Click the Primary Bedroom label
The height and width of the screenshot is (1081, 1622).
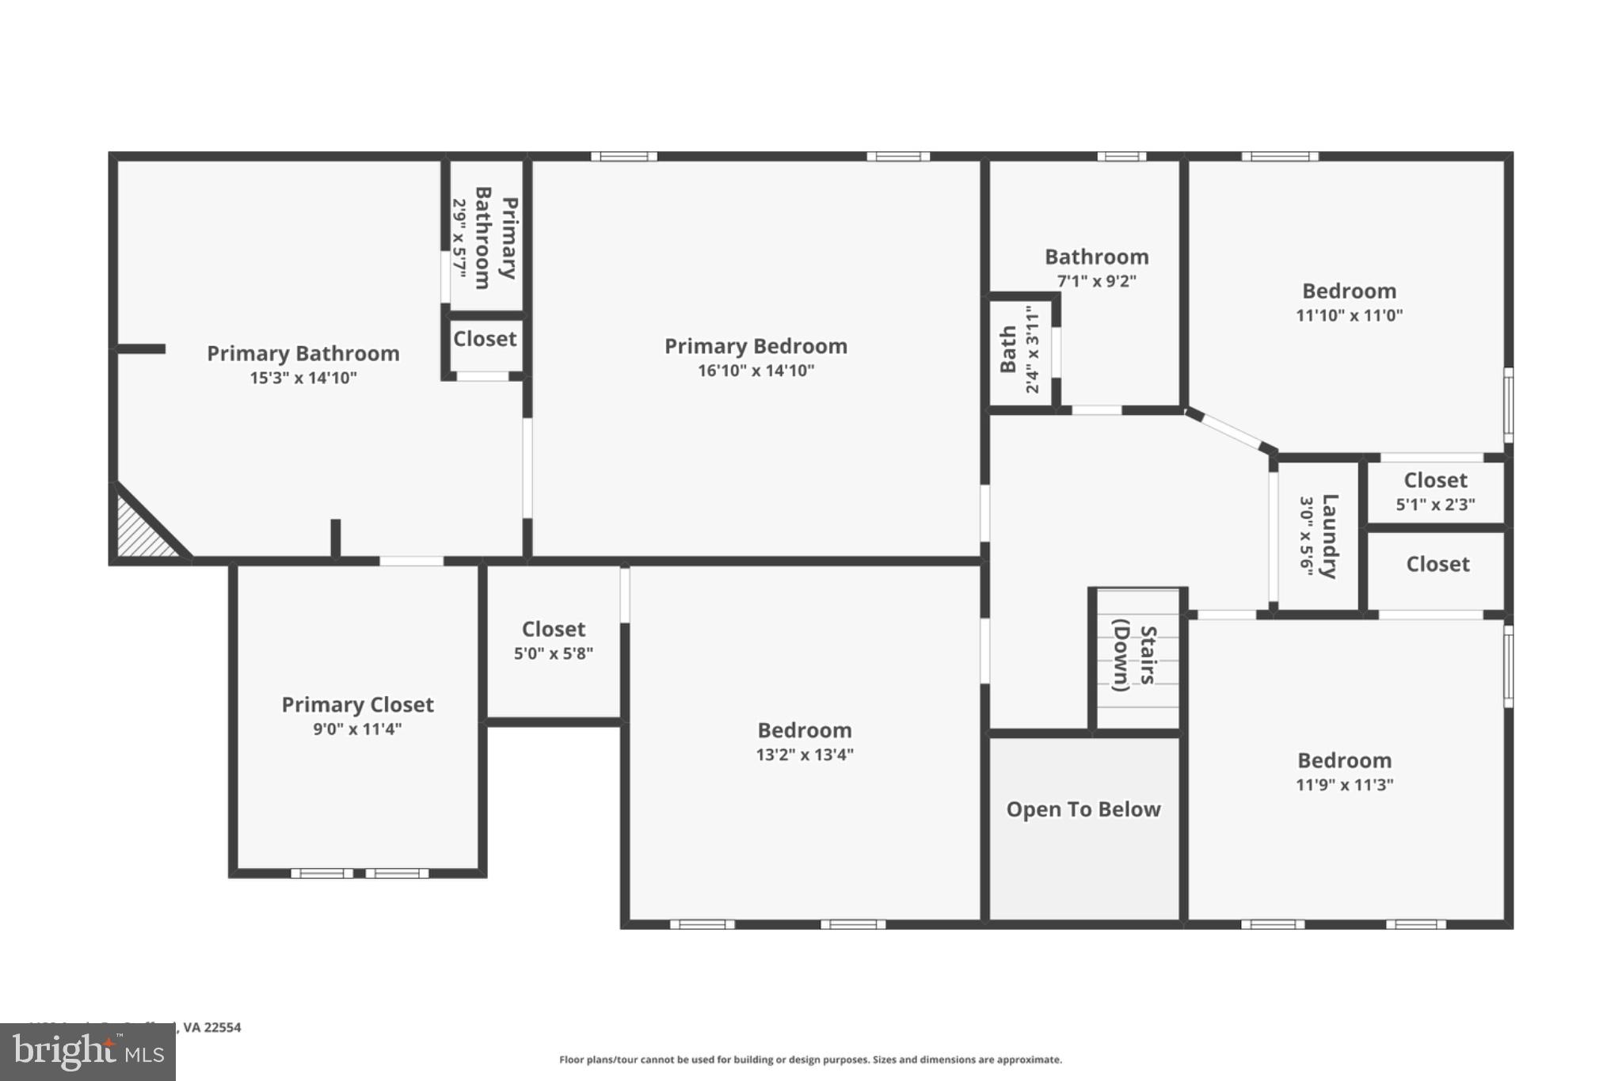[x=756, y=346]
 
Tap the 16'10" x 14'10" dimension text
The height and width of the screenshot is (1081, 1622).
[x=756, y=371]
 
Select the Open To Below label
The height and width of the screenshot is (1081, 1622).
[x=1083, y=809]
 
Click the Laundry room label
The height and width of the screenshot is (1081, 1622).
[x=1329, y=536]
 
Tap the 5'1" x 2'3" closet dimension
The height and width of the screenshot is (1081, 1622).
[x=1434, y=504]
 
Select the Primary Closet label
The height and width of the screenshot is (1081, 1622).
[x=357, y=705]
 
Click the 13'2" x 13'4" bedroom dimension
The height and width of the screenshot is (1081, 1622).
[x=804, y=755]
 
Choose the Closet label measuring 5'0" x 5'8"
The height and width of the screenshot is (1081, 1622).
[x=553, y=630]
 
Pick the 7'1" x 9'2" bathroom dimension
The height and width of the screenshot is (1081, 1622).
[x=1096, y=281]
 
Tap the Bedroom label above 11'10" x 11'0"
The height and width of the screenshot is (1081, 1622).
[x=1349, y=291]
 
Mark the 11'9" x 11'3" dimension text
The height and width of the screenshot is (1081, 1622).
[x=1344, y=785]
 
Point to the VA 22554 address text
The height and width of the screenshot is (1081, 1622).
[x=211, y=1027]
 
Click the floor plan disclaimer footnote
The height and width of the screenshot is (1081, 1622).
[x=810, y=1060]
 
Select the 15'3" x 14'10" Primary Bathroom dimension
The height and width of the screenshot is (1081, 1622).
[x=303, y=378]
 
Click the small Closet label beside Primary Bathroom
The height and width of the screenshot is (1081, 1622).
[x=485, y=339]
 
